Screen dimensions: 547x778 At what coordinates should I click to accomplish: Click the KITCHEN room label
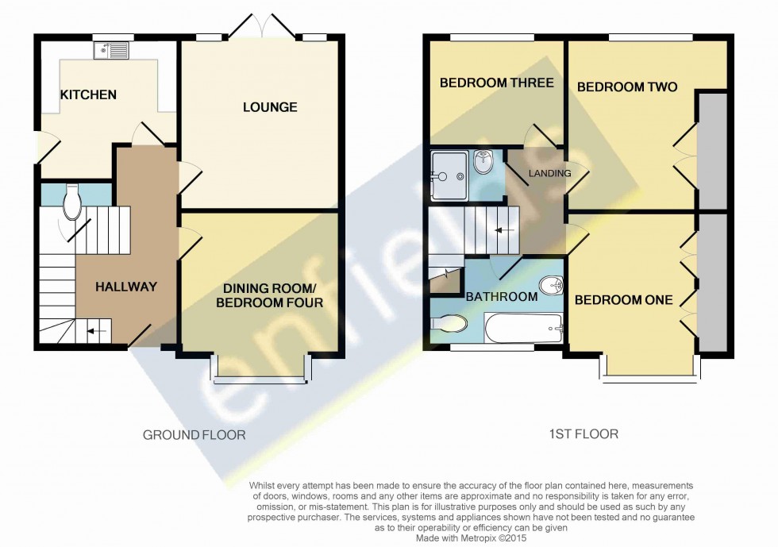pos(88,95)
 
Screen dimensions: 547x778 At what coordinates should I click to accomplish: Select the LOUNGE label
pos(270,107)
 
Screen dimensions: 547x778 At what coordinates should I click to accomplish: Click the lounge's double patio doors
pos(261,30)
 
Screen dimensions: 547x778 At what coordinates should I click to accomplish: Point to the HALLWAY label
pos(126,287)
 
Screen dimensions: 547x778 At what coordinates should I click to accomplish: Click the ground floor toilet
pos(71,202)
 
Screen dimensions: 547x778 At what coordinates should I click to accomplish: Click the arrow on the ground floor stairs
pos(95,330)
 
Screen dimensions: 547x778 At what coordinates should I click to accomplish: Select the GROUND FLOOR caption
pos(194,434)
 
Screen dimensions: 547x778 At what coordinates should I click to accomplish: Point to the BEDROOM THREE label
pos(496,83)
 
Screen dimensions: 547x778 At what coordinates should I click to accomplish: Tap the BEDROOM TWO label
pos(626,87)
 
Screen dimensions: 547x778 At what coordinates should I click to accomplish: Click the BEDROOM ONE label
pos(623,300)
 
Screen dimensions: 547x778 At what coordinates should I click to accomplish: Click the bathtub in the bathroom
pos(523,326)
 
